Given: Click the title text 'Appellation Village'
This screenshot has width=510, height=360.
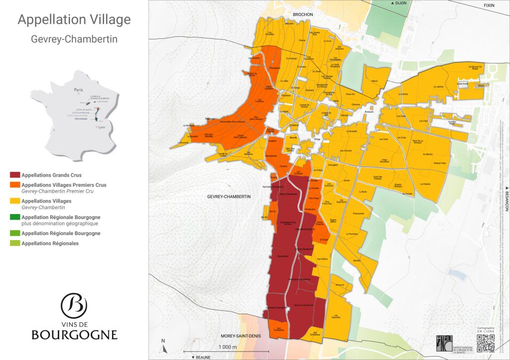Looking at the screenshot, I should tap(74, 20).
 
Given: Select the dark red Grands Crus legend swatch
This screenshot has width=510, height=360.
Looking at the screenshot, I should tap(15, 175).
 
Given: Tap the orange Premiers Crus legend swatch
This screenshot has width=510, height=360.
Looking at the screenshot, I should tap(15, 185).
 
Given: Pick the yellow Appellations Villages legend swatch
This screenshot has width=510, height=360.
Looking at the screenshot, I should tap(15, 201).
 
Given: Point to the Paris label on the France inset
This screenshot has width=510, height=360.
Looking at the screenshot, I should tap(78, 90).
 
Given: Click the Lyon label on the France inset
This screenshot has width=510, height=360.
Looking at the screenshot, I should tap(102, 127).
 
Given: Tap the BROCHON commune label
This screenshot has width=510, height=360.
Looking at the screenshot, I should tap(302, 15).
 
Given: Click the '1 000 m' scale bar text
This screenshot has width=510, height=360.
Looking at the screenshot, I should tap(227, 347).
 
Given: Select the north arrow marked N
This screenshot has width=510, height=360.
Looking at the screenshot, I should tap(163, 344).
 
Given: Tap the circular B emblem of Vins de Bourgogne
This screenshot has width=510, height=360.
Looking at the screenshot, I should tap(74, 305).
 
